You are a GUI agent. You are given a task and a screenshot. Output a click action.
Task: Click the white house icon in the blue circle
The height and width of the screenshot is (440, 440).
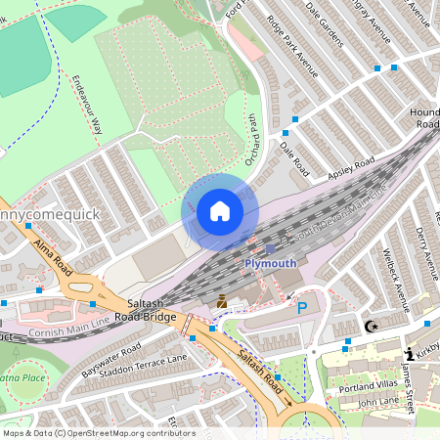pos(220,211)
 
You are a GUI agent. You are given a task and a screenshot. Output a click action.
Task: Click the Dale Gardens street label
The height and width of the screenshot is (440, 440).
pos(325,22)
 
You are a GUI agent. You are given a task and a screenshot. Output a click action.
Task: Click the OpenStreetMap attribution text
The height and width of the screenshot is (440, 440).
pos(98,432)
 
